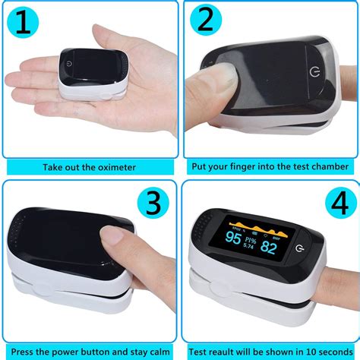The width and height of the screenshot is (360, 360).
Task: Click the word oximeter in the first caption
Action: point(114,167)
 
